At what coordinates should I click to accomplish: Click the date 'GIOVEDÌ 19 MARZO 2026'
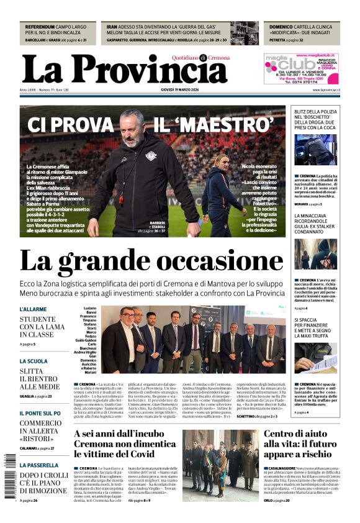pos(179,91)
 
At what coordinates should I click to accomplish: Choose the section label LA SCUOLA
pos(33,361)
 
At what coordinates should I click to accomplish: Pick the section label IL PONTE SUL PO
pos(40,413)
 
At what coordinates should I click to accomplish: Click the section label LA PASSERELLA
pos(38,465)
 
